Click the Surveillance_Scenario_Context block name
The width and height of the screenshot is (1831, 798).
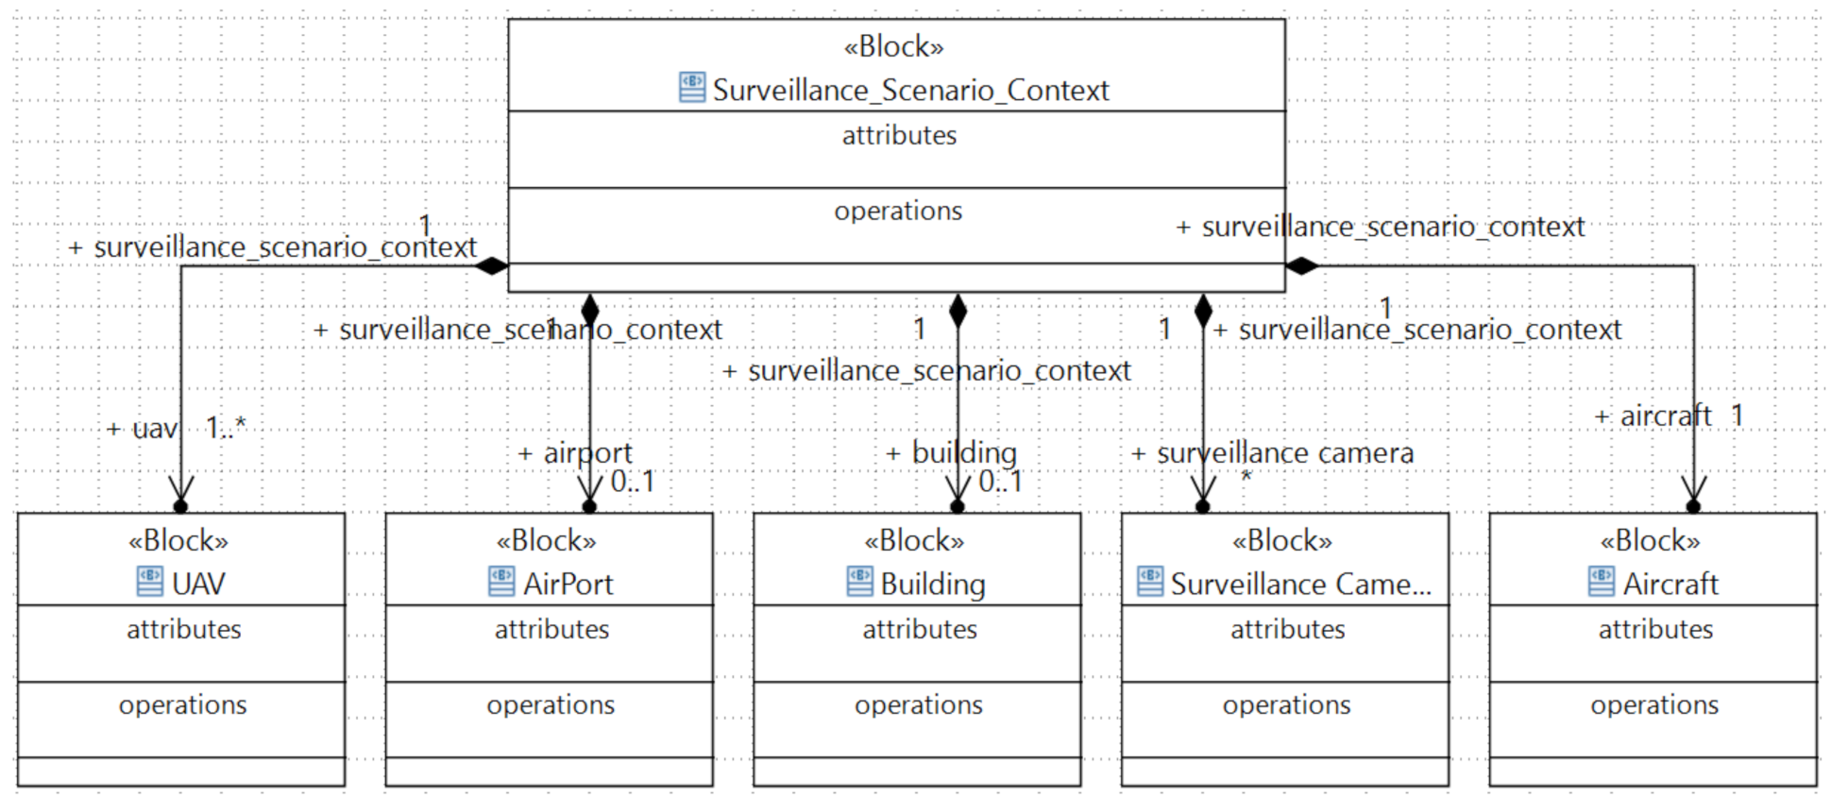(x=910, y=91)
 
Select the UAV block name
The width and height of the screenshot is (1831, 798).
(x=198, y=585)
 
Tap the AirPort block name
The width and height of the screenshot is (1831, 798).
(x=568, y=585)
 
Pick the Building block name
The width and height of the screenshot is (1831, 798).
(x=932, y=585)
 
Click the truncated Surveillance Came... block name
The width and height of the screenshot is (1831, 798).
(x=1300, y=585)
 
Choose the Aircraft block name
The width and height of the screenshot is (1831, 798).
(x=1670, y=585)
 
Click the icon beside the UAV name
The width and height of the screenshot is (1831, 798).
(x=150, y=582)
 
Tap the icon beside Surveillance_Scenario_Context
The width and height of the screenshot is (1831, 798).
(x=692, y=88)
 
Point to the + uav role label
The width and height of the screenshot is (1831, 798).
(x=142, y=430)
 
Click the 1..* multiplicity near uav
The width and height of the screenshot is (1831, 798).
(x=226, y=428)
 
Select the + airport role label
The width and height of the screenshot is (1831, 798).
(x=575, y=453)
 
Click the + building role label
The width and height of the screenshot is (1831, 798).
(x=951, y=453)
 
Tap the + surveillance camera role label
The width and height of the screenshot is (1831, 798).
(x=1272, y=453)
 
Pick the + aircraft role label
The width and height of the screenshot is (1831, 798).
(x=1653, y=416)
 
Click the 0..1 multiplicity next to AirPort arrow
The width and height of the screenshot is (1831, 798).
(x=632, y=482)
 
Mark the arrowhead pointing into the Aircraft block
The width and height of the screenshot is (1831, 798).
(x=1693, y=491)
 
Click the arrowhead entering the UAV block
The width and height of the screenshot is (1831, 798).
(x=181, y=491)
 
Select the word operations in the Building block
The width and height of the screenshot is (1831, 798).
(x=918, y=705)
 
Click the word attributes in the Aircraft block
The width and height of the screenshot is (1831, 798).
(x=1654, y=630)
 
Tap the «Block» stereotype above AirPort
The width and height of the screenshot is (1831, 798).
(x=547, y=541)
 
